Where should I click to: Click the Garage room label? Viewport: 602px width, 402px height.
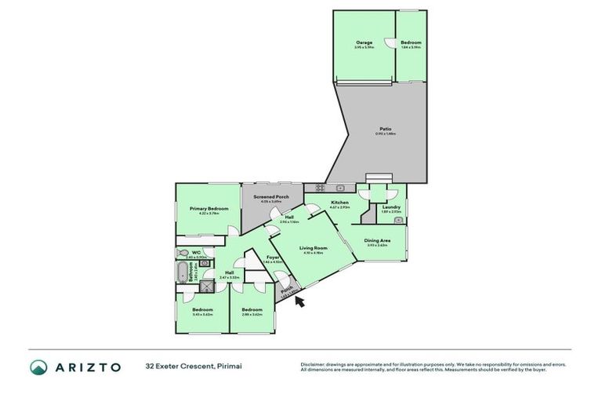(x=363, y=42)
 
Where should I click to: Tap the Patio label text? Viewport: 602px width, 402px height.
(x=385, y=129)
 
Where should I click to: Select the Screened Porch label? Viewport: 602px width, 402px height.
(x=271, y=196)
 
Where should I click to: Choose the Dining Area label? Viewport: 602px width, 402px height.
(x=378, y=240)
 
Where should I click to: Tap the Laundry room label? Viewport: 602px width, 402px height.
(x=390, y=206)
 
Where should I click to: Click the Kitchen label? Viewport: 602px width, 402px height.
(x=339, y=203)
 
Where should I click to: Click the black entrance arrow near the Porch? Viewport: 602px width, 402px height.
(x=301, y=298)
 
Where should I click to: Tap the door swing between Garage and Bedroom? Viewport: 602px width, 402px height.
(x=390, y=44)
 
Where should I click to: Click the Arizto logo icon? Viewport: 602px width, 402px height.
(x=38, y=367)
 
